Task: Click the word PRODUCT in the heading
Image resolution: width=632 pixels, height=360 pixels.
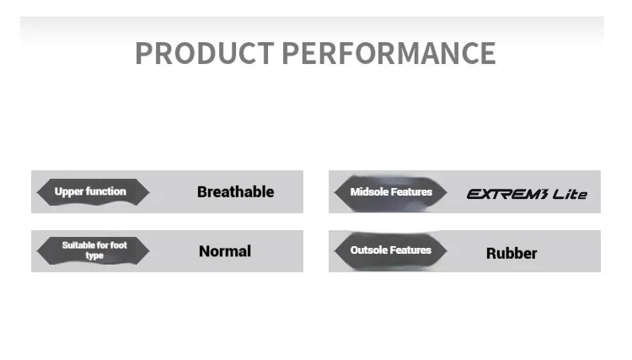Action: pos(205,53)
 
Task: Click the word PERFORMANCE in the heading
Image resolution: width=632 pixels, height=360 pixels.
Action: pos(388,53)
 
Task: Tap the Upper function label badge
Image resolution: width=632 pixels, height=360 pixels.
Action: pos(93,192)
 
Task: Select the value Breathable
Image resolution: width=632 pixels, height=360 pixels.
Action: pos(236,192)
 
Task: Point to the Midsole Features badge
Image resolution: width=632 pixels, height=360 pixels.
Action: pos(390,192)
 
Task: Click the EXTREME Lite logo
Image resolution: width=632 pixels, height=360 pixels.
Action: pos(527,194)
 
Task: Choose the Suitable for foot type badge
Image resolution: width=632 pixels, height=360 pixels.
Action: pos(93,250)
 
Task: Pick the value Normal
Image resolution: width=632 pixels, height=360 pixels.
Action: pos(225,251)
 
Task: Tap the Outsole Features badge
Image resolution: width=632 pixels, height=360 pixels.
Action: pos(390,250)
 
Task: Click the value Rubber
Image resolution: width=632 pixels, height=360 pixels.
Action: pos(511,254)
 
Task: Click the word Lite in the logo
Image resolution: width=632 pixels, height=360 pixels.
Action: pos(570,194)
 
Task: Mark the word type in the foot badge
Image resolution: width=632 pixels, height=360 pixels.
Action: pos(94,256)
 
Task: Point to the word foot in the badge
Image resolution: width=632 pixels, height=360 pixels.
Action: pos(119,245)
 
